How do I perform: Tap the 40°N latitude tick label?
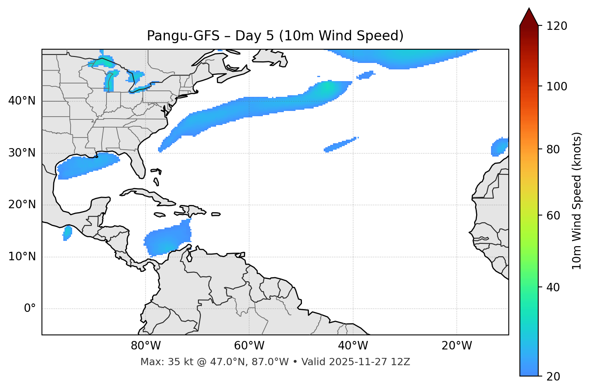pos(22,101)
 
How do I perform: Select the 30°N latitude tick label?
pos(22,153)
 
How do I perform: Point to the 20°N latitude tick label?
pos(22,205)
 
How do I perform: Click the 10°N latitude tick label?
pos(22,257)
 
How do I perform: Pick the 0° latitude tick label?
pos(29,309)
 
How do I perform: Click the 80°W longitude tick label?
pos(146,346)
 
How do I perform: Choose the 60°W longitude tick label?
pos(249,346)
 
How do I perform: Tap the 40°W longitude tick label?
pos(353,346)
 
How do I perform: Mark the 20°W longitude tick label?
pos(457,346)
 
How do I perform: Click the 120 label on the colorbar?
pos(557,26)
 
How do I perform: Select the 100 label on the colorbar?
pos(557,86)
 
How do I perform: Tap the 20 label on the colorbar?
pos(554,376)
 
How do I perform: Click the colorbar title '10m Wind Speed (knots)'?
pos(577,201)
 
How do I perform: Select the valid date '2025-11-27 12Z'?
pos(369,362)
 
